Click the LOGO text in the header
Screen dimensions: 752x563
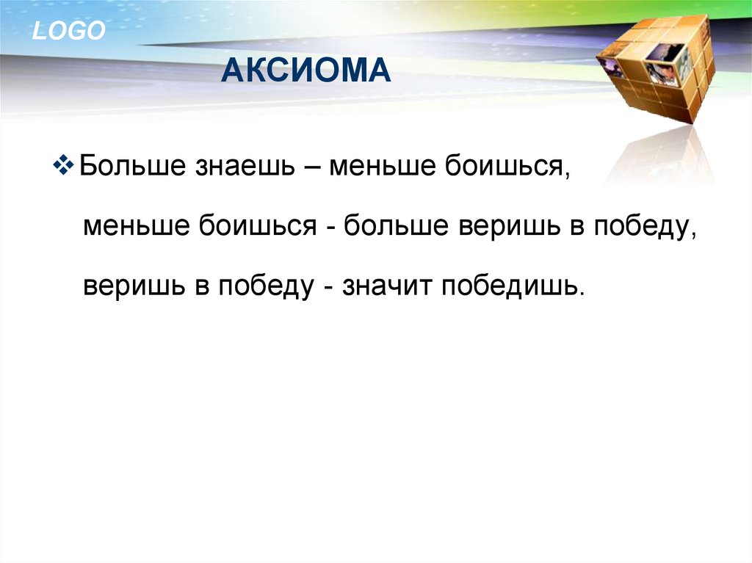(68, 30)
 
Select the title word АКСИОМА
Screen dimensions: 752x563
(306, 70)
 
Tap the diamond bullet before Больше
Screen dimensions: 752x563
(63, 165)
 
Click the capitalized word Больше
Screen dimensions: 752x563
(132, 165)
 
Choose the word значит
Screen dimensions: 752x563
(386, 286)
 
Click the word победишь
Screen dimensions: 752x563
(510, 286)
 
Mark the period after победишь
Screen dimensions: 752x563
(582, 294)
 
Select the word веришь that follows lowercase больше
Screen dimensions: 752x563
(510, 226)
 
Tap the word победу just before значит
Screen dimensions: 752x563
(266, 287)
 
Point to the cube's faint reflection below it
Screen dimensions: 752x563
(662, 154)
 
